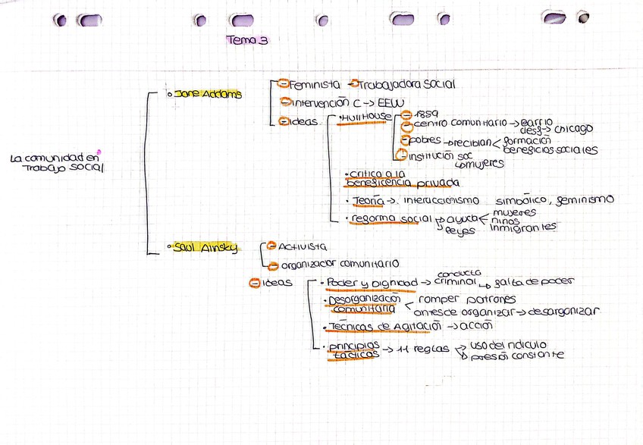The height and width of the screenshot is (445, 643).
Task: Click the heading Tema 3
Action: tap(248, 41)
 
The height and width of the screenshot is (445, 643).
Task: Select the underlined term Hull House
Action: tap(367, 117)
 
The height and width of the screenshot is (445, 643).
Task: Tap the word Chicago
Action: tap(568, 129)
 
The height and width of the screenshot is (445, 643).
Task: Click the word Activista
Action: tap(303, 246)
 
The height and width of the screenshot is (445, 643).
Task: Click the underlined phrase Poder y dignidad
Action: tap(369, 284)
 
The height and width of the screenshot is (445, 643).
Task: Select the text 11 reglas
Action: tap(421, 351)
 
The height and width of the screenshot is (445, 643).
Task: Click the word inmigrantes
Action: tap(524, 227)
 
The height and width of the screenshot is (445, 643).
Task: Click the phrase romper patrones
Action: tap(466, 299)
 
